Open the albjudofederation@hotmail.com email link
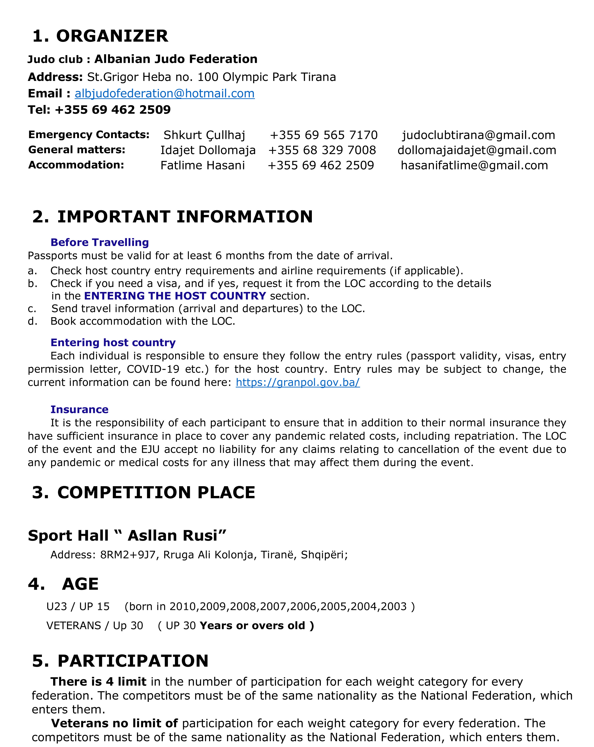164,93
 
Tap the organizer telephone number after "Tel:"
113,110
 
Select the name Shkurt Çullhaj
204,135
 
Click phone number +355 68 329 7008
322,150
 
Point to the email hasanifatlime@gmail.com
474,165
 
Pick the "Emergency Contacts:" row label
89,134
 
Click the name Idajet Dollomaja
208,150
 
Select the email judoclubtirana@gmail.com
478,135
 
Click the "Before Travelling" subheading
100,242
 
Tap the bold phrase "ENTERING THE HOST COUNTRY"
175,296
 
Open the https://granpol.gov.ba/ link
298,382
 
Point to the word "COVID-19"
153,369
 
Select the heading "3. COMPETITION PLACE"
143,492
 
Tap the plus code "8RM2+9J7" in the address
128,555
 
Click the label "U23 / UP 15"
78,606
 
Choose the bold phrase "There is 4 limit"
99,681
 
